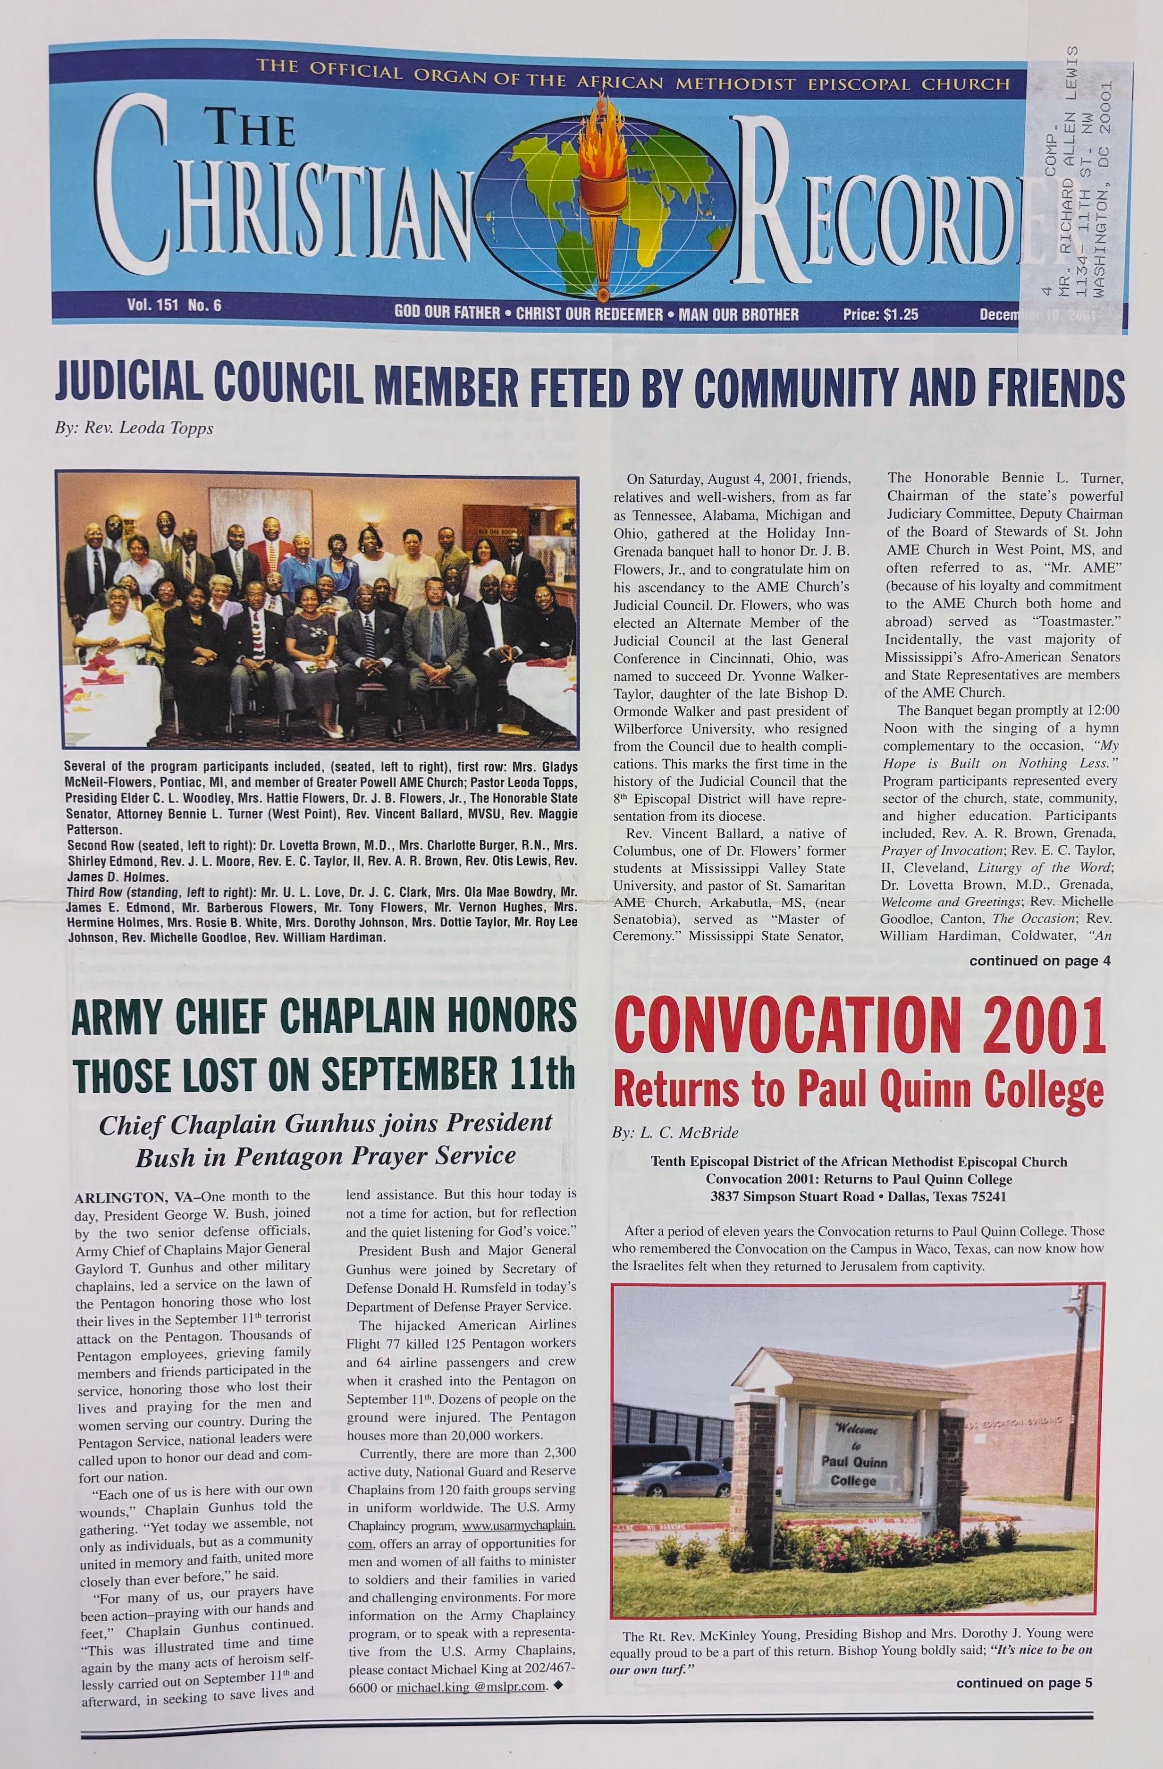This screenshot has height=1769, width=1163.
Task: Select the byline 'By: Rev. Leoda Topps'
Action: click(134, 429)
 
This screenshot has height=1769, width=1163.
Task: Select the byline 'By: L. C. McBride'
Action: click(675, 1134)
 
